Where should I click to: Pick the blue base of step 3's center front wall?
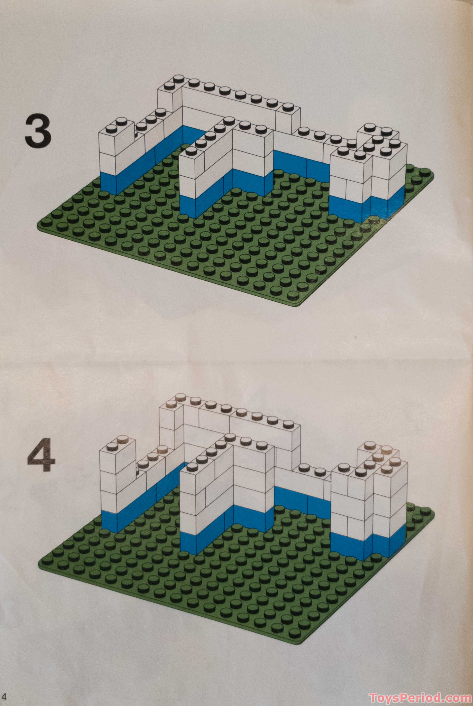188,206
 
